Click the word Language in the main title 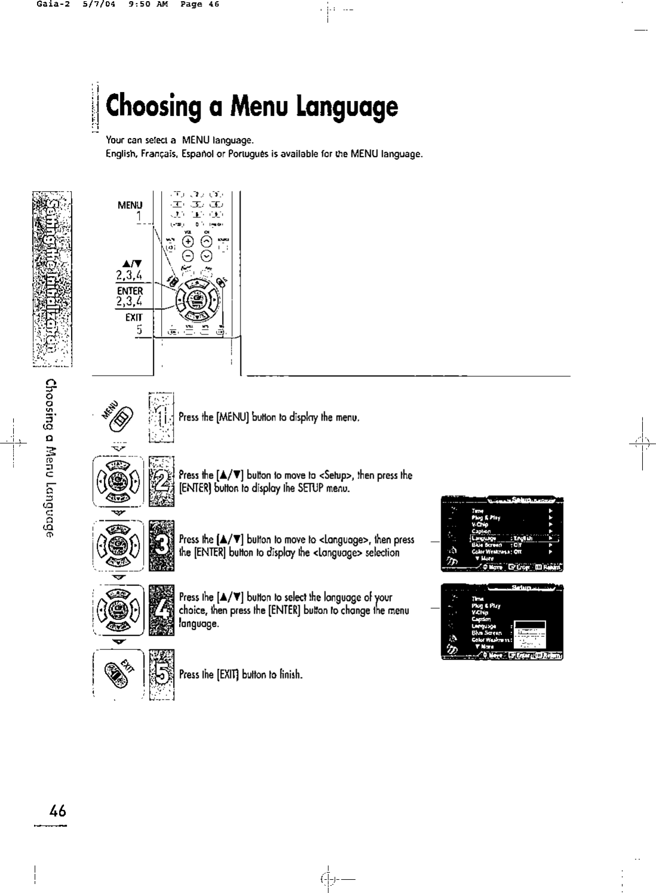tap(349, 108)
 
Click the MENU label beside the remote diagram tap(130, 205)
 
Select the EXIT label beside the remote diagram tap(133, 318)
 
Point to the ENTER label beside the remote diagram tap(130, 291)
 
